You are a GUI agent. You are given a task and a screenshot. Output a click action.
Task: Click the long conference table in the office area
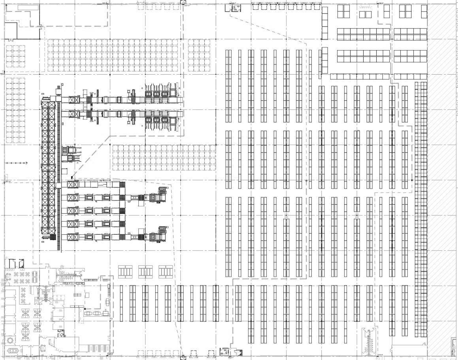[13, 350]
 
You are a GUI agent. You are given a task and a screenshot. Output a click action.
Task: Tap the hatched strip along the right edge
[443, 178]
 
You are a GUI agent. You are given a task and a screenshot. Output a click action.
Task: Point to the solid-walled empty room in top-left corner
[10, 31]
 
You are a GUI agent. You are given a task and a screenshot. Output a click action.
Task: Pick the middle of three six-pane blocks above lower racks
[145, 271]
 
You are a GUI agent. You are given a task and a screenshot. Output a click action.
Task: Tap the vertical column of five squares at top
[324, 23]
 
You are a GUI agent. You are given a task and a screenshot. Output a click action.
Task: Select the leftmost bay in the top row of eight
[255, 7]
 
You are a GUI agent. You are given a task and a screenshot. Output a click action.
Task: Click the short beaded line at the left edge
[17, 163]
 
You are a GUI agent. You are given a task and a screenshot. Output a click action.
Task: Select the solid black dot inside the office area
[85, 309]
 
